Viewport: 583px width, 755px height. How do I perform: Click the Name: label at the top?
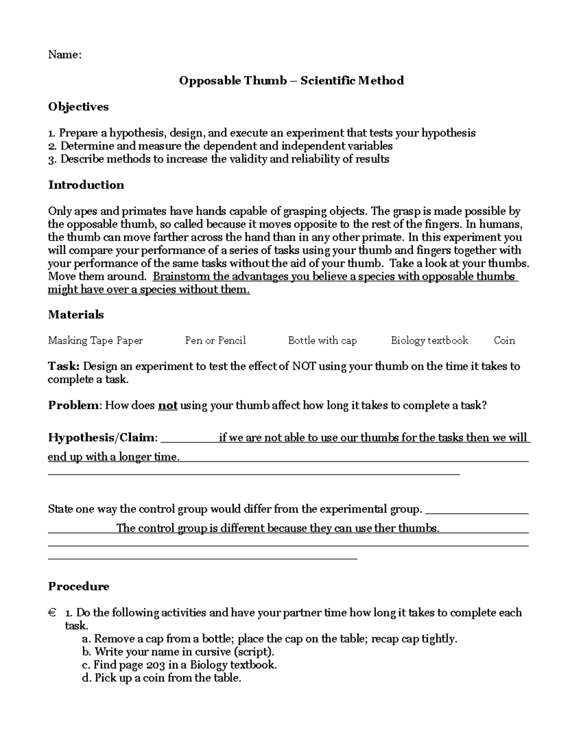click(65, 54)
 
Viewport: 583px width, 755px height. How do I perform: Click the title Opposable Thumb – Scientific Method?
click(291, 80)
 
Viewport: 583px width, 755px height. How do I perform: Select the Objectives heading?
click(78, 106)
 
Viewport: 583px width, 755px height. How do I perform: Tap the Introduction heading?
click(86, 185)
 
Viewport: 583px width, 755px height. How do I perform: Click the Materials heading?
click(76, 315)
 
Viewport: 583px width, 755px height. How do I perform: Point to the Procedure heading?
click(79, 586)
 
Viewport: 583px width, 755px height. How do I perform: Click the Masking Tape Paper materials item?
click(95, 340)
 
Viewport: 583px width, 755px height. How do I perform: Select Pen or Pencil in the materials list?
click(215, 340)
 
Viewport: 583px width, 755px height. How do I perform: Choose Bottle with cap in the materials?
click(322, 340)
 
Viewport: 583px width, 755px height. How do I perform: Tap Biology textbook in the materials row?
click(429, 340)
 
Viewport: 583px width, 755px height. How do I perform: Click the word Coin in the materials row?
click(504, 340)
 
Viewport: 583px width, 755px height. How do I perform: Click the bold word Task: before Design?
click(65, 366)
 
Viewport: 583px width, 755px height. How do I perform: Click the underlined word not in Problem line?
click(168, 405)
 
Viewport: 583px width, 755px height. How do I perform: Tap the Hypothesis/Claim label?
click(103, 438)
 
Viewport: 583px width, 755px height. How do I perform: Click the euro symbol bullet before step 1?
click(52, 613)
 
